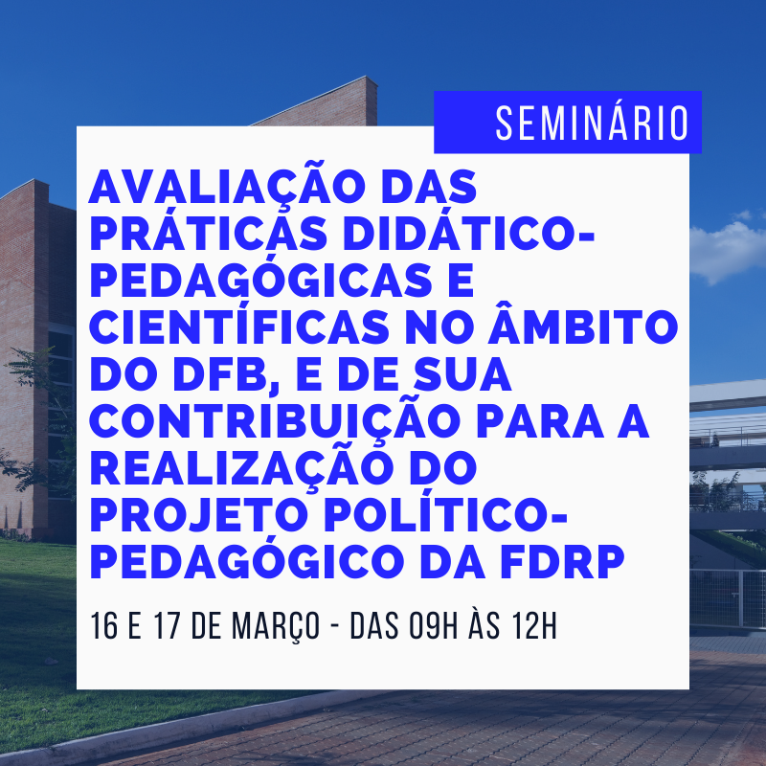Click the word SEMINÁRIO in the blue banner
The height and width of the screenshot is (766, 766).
pyautogui.click(x=592, y=123)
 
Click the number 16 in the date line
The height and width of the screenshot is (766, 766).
pyautogui.click(x=104, y=626)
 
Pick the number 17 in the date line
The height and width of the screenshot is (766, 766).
pyautogui.click(x=168, y=626)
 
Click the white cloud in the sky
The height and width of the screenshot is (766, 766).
pyautogui.click(x=728, y=250)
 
